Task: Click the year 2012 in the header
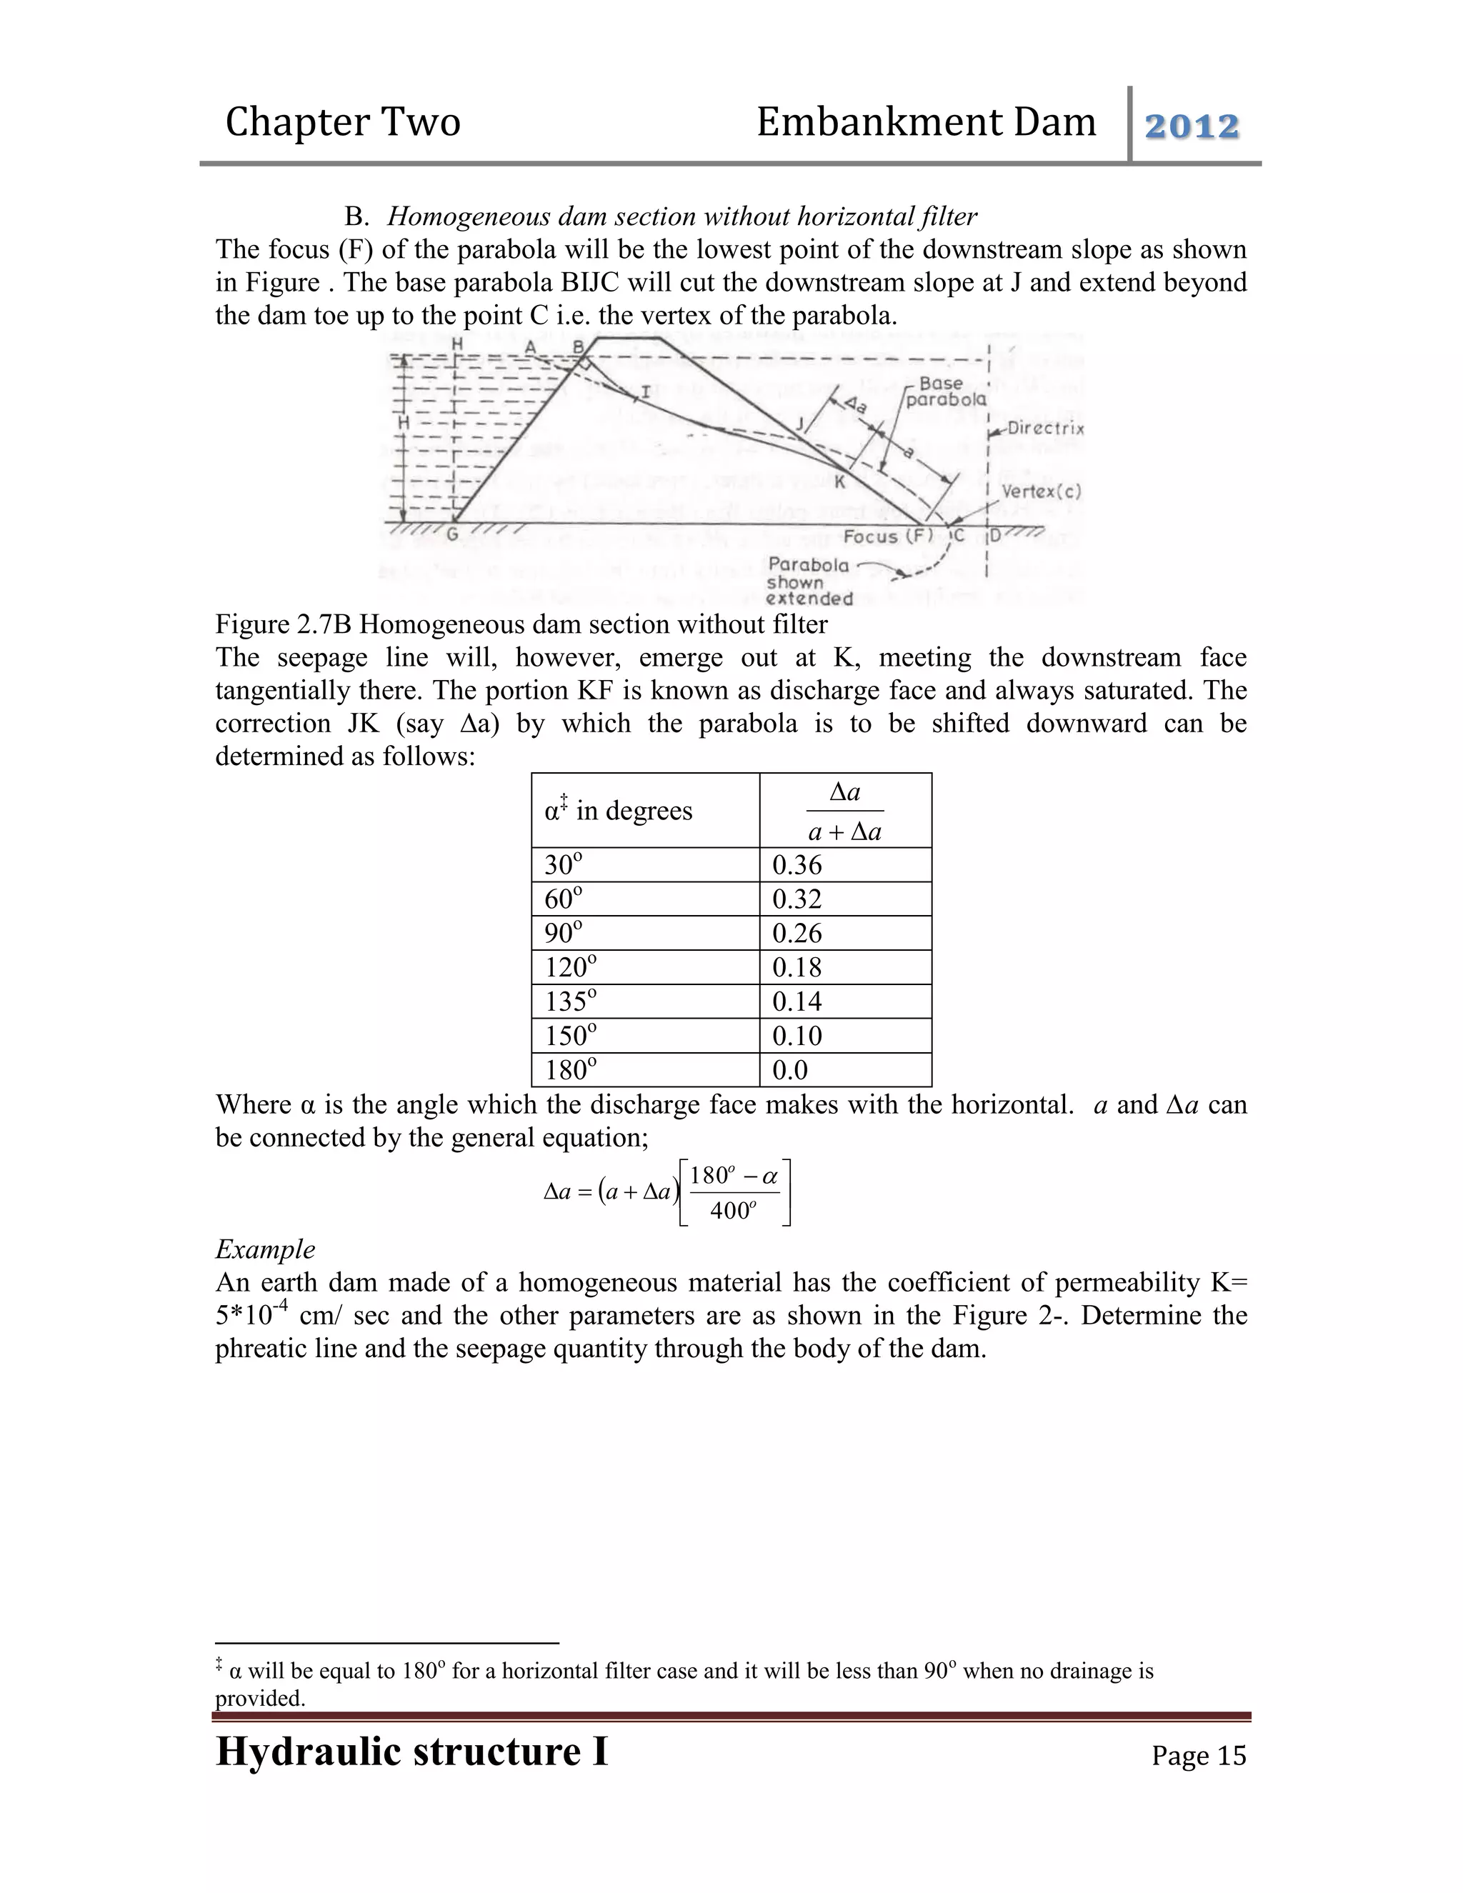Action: pos(1192,126)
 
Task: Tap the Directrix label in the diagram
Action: pos(1044,428)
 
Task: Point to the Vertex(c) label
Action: pos(1041,491)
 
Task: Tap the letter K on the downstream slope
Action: pos(839,482)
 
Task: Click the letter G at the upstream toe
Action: pos(451,536)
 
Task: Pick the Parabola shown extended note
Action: pos(809,581)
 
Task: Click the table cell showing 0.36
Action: pos(797,865)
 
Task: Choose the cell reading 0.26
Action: pos(797,934)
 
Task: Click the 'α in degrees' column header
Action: pos(618,811)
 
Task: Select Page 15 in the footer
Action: pos(1198,1755)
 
